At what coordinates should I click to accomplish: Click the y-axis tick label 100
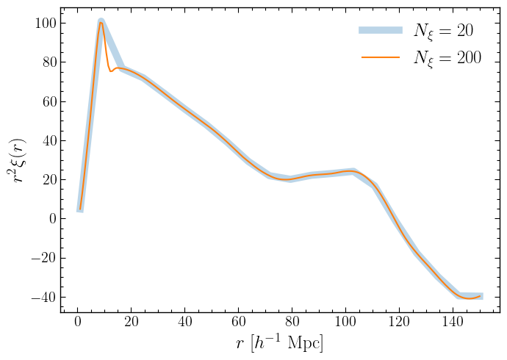click(x=41, y=23)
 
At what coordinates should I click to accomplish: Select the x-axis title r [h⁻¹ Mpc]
click(x=279, y=343)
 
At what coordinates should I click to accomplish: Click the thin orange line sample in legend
click(x=381, y=57)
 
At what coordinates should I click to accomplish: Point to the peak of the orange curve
click(x=101, y=22)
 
